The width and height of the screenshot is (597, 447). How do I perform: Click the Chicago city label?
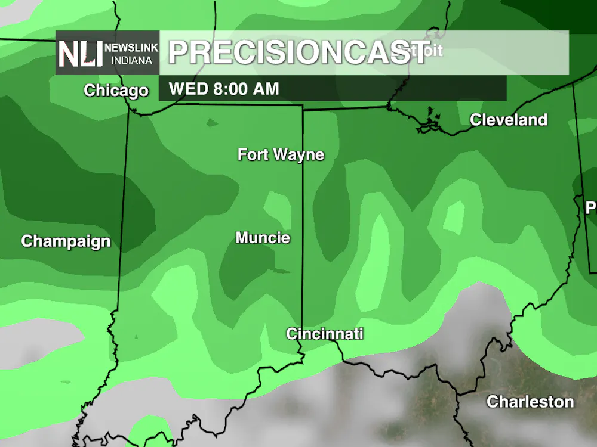[116, 91]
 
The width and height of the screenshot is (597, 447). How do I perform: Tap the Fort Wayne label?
[281, 155]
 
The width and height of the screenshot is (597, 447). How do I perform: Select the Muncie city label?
[263, 238]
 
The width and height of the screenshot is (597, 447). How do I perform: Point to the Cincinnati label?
[324, 334]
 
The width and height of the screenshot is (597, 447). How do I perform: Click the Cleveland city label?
[509, 120]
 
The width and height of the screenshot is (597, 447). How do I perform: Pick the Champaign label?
[66, 241]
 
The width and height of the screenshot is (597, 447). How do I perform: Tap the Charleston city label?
[530, 402]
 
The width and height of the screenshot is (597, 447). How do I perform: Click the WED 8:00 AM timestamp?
[224, 89]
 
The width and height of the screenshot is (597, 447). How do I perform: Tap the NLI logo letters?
[79, 54]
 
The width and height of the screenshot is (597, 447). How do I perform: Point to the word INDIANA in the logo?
[131, 60]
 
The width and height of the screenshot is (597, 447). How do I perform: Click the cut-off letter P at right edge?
[591, 208]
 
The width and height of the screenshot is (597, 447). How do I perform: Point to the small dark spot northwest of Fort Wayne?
[211, 123]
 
